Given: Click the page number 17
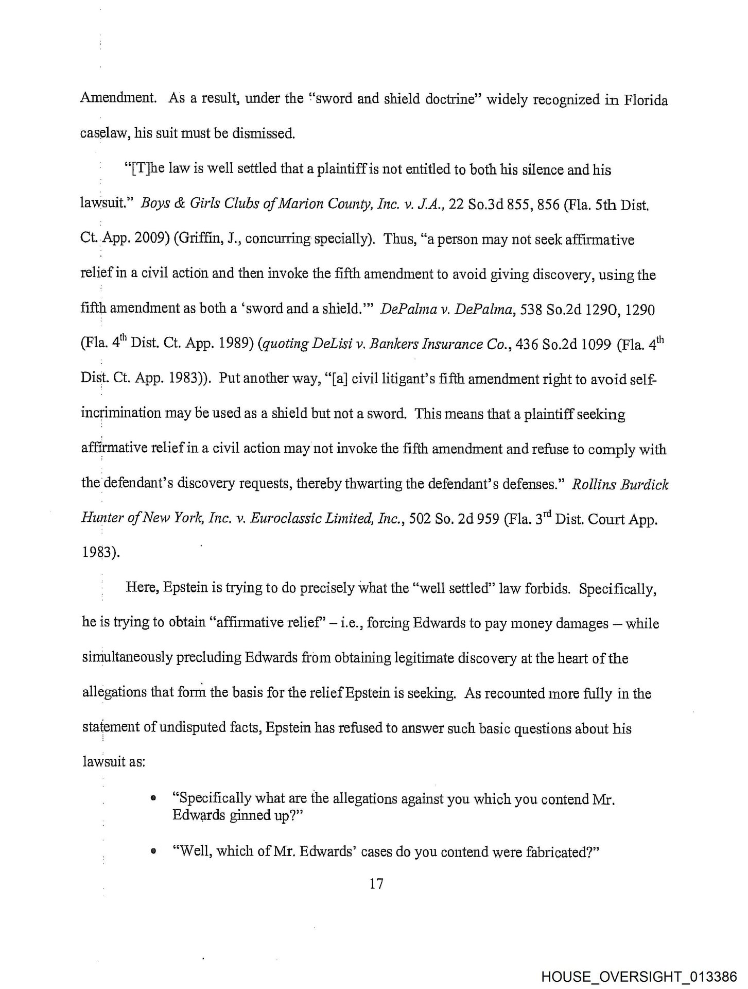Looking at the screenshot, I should [x=376, y=884].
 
